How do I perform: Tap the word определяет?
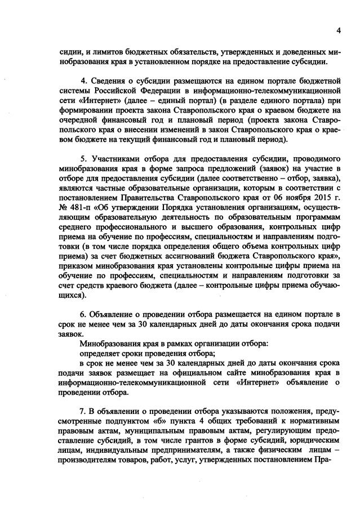click(x=101, y=355)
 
